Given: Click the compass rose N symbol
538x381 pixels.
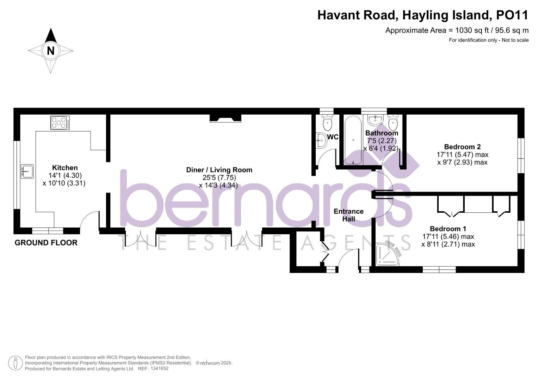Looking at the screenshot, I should click(51, 50).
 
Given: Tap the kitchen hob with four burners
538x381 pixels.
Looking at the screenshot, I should click(60, 123).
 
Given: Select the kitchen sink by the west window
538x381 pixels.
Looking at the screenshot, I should click(27, 171).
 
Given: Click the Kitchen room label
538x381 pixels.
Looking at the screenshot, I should click(65, 168).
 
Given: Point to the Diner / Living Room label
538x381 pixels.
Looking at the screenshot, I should click(219, 170).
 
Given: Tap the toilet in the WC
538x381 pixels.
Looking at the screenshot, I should click(328, 122).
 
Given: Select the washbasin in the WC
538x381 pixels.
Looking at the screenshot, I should click(321, 140).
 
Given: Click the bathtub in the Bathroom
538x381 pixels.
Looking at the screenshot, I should click(353, 140).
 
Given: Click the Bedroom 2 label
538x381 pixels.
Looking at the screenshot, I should click(462, 147).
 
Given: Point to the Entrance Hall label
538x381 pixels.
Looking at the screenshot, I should click(348, 215).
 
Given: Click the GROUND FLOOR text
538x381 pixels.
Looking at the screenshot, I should click(46, 243).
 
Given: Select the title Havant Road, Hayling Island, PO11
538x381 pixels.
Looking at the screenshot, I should click(423, 15).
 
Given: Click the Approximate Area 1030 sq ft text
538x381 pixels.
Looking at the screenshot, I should click(457, 30).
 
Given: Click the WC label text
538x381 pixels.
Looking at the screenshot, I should click(333, 137).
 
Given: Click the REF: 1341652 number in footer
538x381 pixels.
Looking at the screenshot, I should click(159, 368).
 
